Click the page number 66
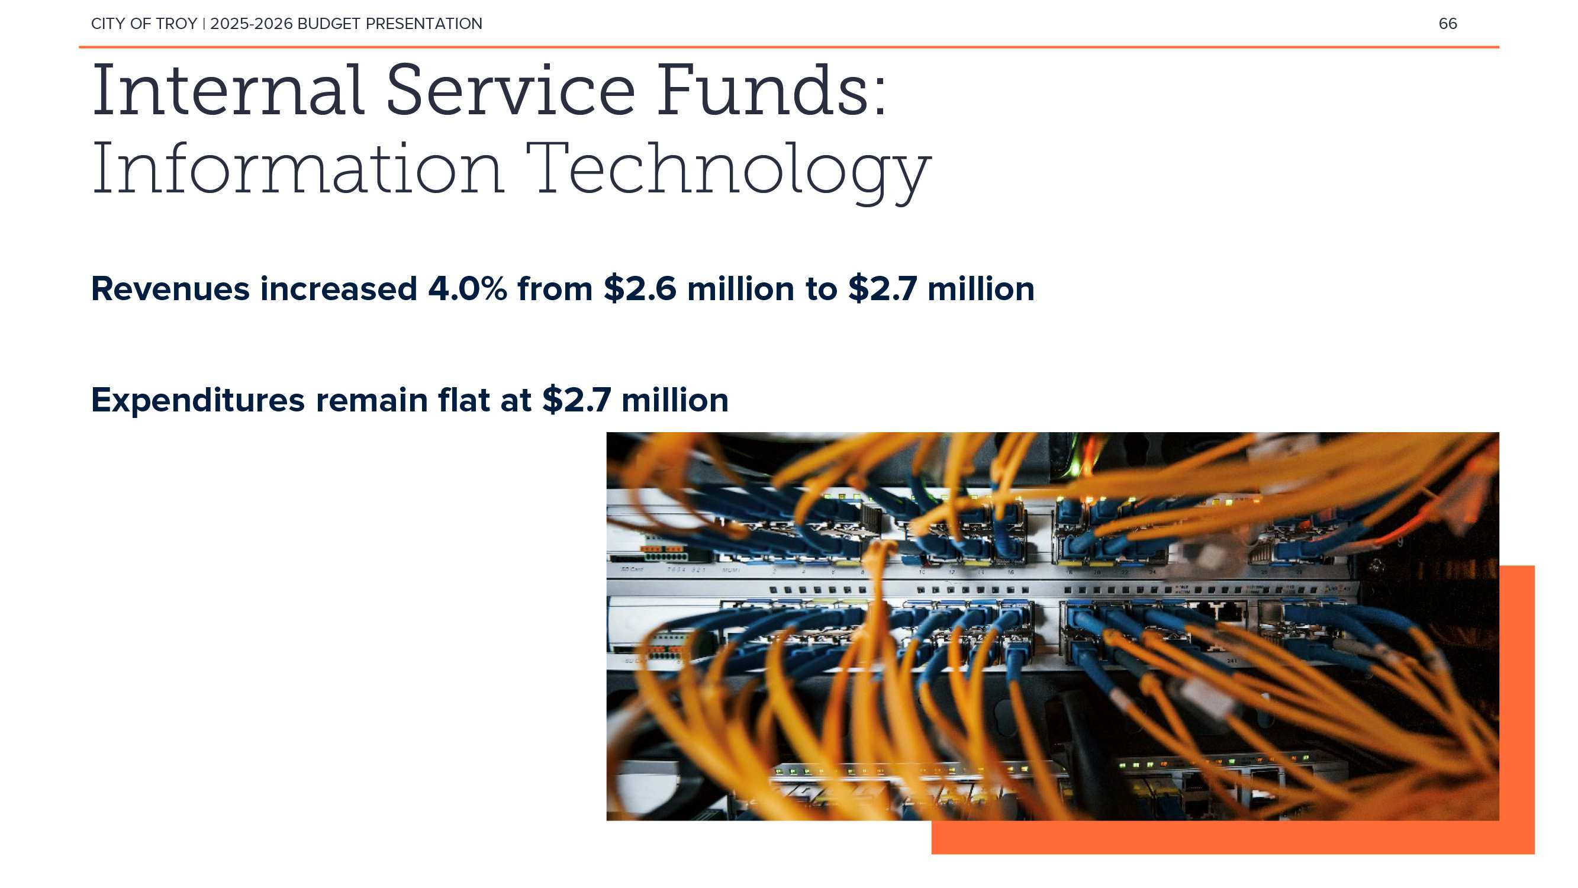1448,24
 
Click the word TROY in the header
176,24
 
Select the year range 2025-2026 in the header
251,24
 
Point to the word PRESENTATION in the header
424,24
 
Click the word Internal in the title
228,91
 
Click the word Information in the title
298,169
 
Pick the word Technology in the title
729,172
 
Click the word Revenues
170,289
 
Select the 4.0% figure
468,289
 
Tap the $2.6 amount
640,289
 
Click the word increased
339,289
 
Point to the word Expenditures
198,401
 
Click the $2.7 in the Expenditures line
577,400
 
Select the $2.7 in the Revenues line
883,289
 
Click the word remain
372,400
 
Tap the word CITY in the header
108,24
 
